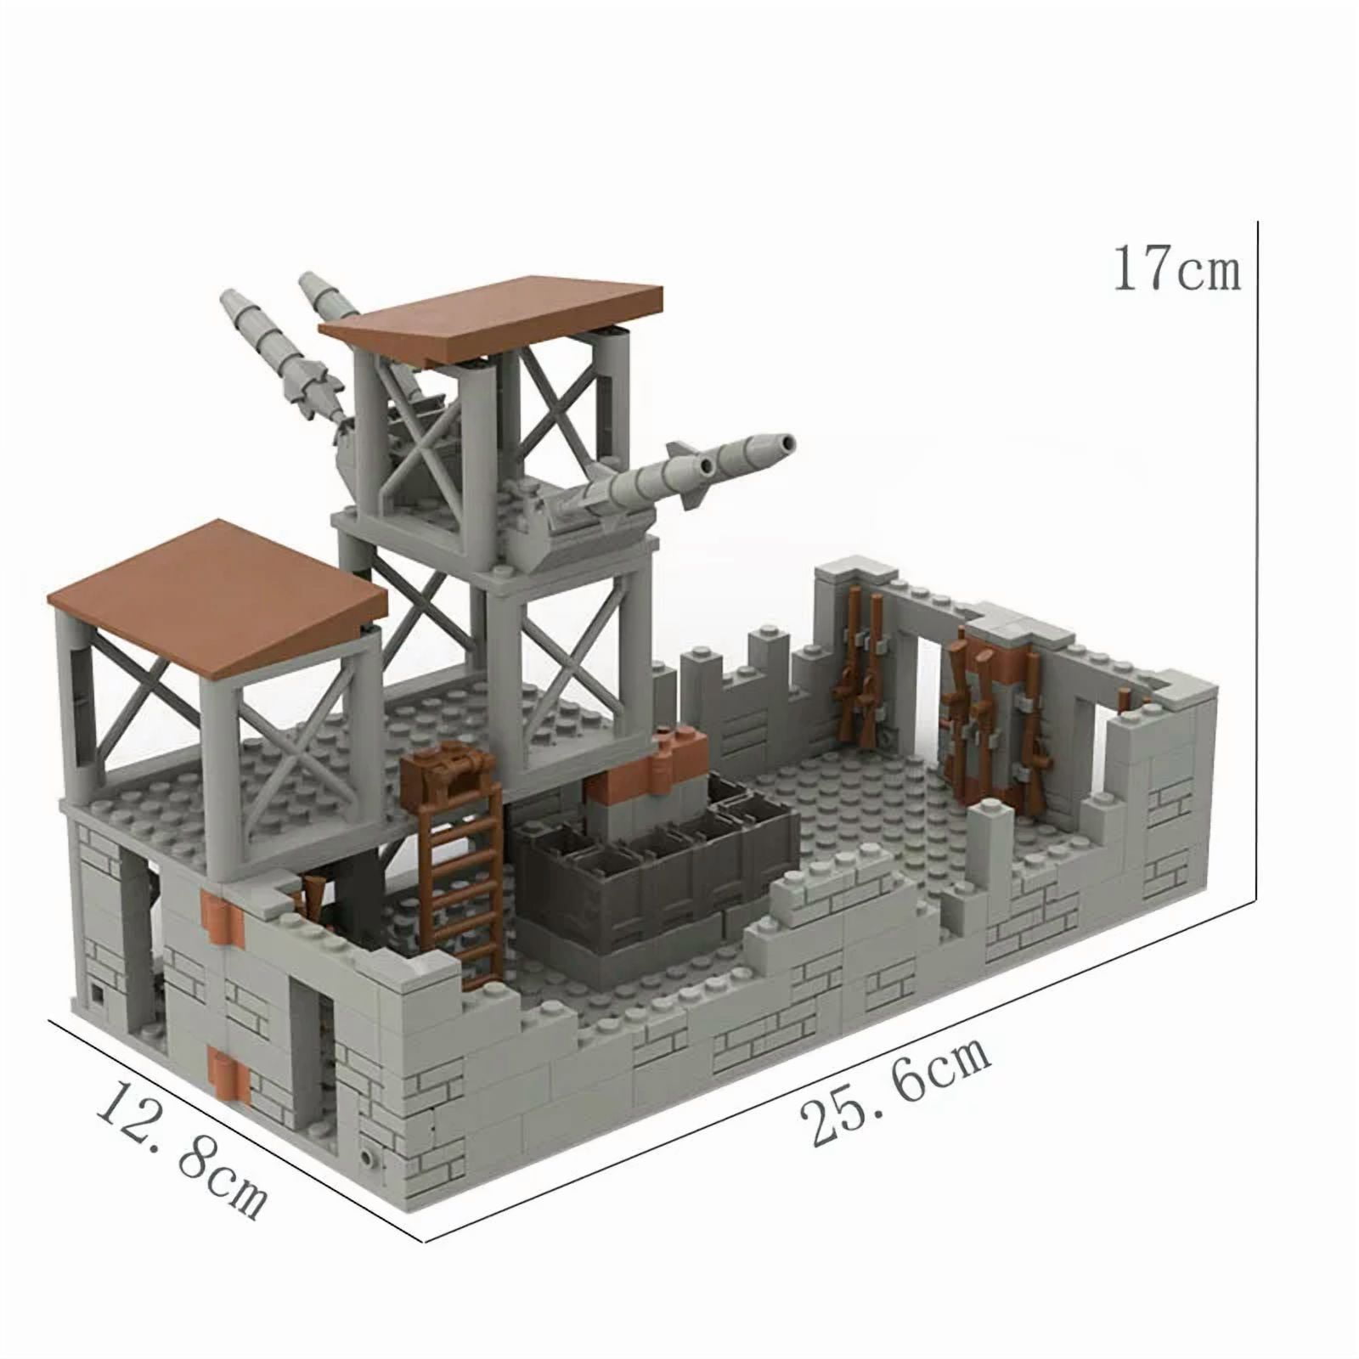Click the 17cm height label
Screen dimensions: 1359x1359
pyautogui.click(x=1176, y=268)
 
